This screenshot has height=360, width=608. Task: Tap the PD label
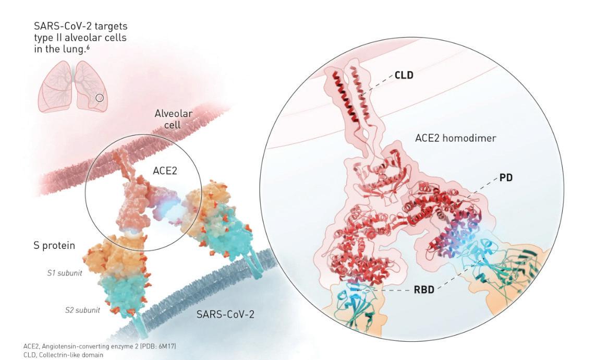point(505,178)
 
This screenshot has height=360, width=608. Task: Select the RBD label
point(424,289)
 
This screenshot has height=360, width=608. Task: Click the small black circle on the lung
point(100,98)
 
